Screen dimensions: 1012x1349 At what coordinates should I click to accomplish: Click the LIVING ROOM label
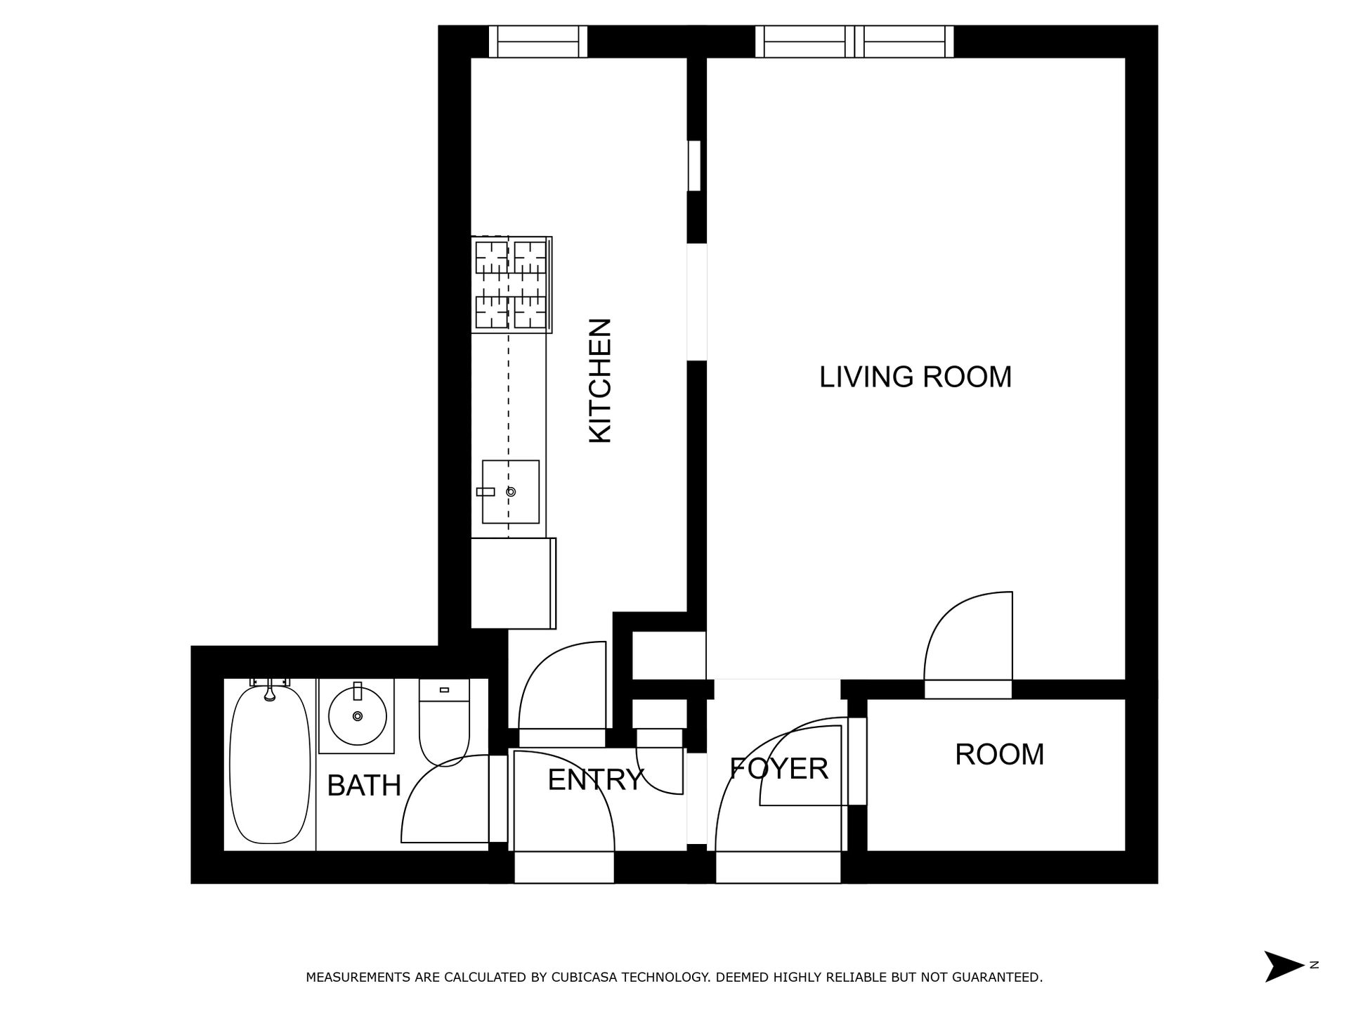915,377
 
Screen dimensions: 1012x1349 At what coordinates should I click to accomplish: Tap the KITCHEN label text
600,381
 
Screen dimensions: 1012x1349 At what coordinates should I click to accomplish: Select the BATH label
363,786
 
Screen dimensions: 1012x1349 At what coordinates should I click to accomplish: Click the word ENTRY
595,780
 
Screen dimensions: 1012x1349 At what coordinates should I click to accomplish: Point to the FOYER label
778,769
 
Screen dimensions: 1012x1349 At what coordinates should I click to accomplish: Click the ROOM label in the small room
998,755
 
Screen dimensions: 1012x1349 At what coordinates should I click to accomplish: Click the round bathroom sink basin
357,716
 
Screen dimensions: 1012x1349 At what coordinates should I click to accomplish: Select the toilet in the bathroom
443,731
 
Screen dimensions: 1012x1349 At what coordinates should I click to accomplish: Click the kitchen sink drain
511,492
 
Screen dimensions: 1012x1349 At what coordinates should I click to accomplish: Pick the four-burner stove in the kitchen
511,285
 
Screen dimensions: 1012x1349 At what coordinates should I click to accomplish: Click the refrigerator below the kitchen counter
512,583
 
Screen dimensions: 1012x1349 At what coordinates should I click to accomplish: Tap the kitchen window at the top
537,41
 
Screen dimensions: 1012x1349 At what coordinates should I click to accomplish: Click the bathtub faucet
269,692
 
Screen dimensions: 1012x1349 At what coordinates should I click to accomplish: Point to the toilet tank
443,690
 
